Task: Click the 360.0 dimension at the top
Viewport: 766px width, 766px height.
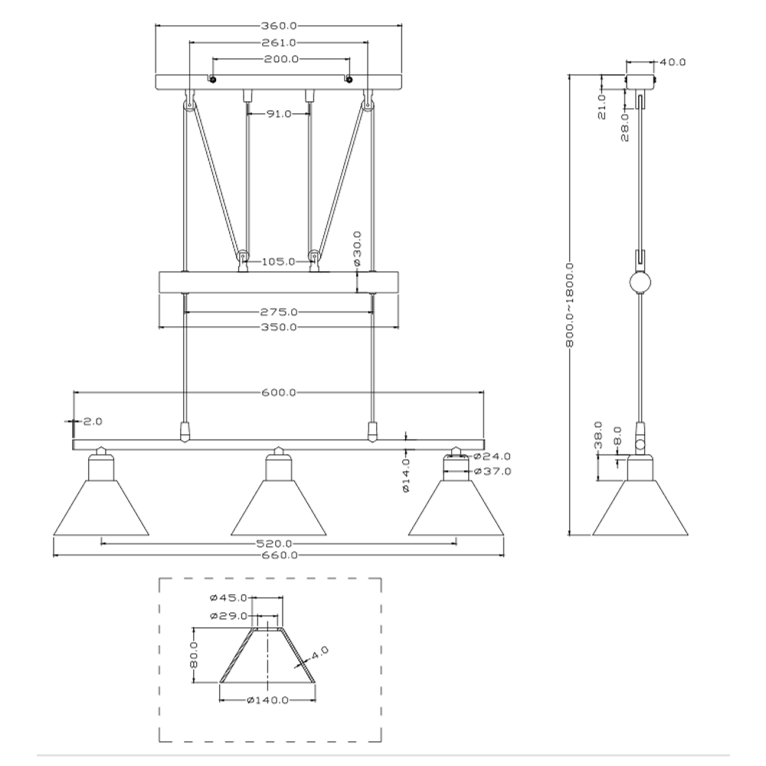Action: click(279, 26)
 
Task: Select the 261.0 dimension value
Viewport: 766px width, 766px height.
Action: click(279, 43)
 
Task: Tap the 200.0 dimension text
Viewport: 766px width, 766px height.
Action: click(281, 60)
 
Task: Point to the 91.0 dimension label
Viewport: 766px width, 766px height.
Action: click(279, 114)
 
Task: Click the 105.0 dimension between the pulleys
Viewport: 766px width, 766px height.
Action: click(279, 262)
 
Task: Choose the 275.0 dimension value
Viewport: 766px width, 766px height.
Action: click(279, 312)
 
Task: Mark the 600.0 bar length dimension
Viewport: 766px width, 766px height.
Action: click(279, 392)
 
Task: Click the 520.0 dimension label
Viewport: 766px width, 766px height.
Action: click(274, 543)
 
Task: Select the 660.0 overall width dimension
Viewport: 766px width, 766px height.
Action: click(279, 555)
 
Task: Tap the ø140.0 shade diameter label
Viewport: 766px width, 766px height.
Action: click(267, 701)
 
